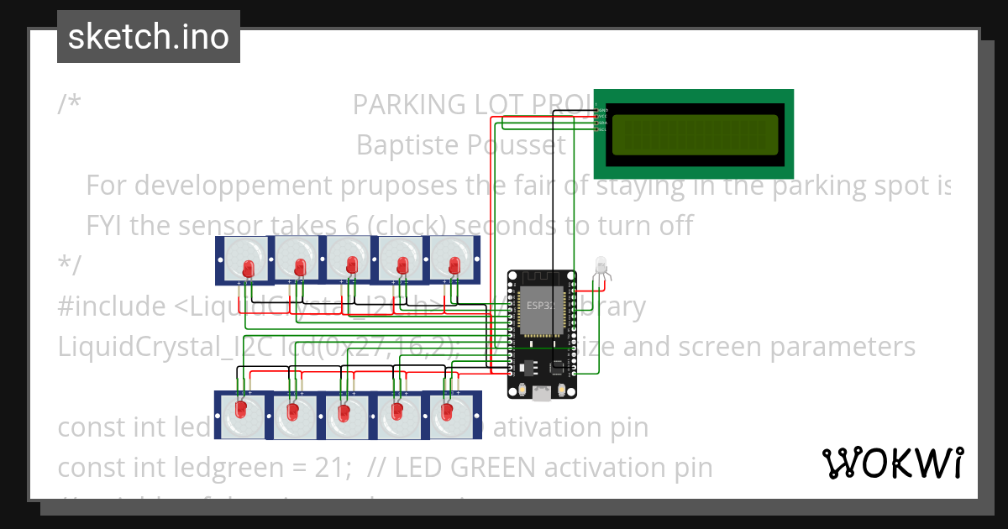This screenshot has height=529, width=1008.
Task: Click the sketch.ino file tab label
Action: [148, 37]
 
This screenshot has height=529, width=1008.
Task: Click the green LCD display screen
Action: [694, 135]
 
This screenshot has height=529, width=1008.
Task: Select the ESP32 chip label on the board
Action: [538, 305]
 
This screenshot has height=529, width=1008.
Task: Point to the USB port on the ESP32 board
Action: [542, 391]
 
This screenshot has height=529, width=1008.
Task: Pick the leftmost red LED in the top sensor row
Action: [248, 268]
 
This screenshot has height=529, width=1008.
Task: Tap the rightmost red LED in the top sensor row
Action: [454, 266]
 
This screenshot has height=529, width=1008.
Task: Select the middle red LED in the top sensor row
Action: [351, 266]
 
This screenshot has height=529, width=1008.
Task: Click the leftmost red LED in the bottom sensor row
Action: [241, 411]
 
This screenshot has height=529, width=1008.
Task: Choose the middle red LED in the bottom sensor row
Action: [344, 413]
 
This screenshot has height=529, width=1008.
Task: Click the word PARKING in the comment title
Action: [409, 104]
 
